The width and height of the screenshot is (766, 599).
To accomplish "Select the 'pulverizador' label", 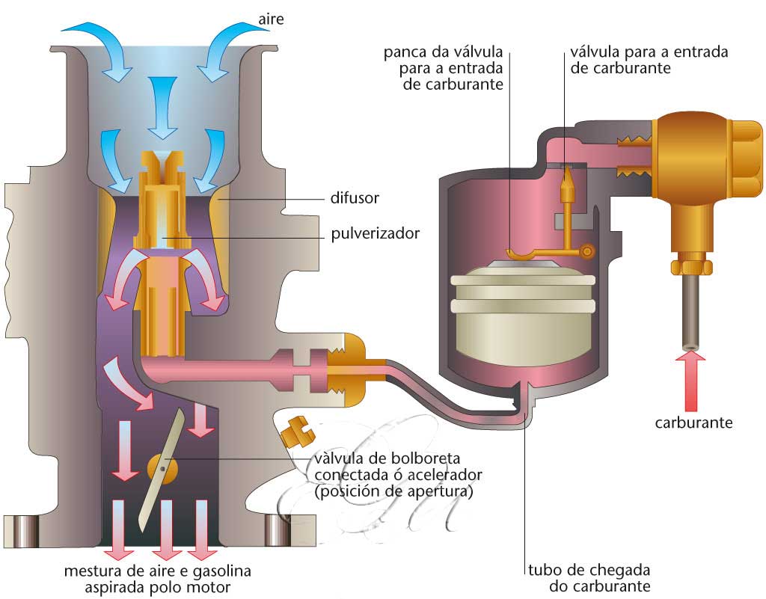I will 375,233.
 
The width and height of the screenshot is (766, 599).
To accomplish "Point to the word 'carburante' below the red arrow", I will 693,422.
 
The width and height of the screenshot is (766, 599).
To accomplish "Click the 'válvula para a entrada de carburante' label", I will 649,60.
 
